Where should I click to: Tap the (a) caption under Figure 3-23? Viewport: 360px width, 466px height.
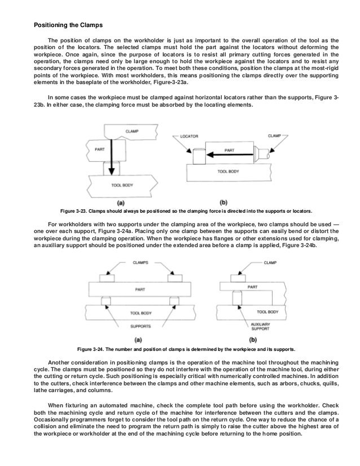click(x=120, y=201)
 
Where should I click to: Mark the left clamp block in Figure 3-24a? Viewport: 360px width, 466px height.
click(x=106, y=278)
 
